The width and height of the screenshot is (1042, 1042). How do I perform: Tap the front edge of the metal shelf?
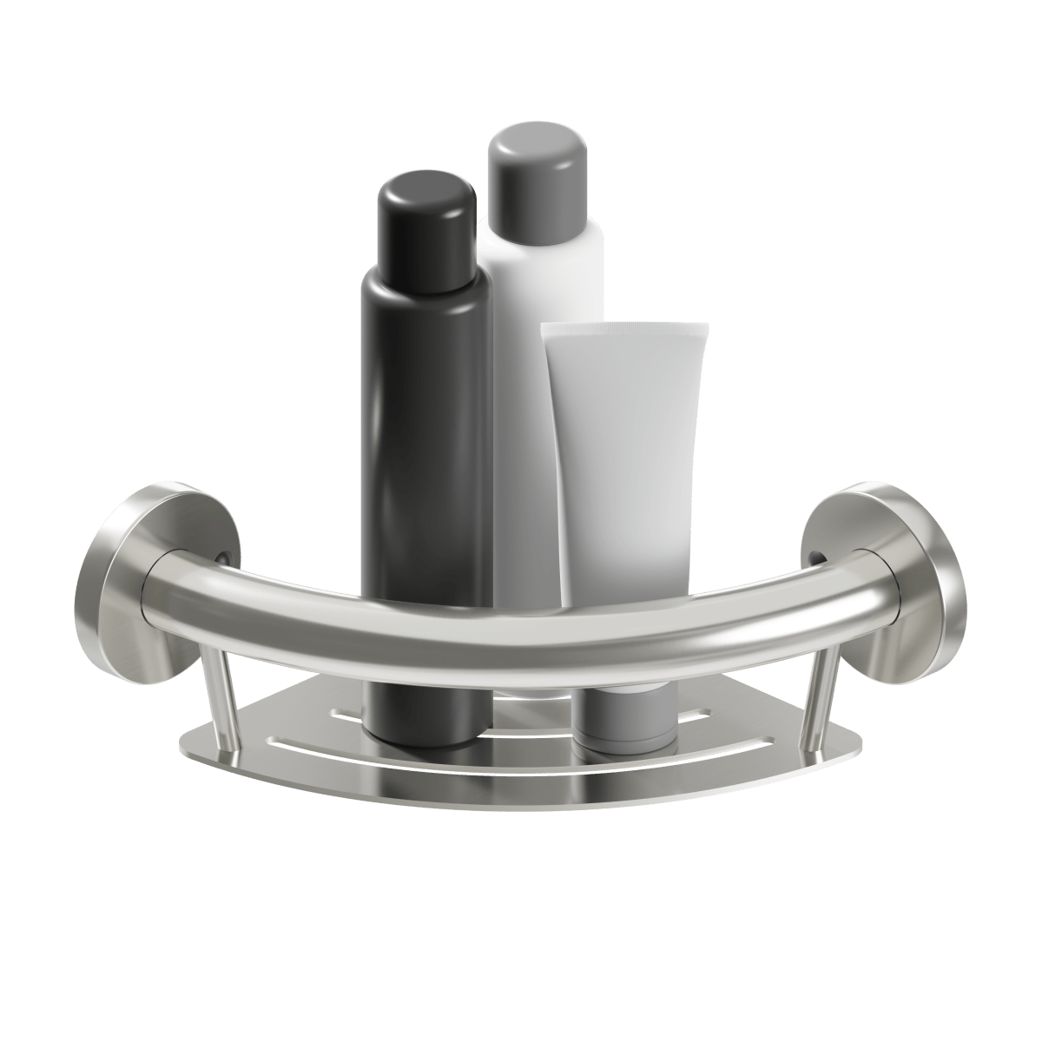click(521, 795)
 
